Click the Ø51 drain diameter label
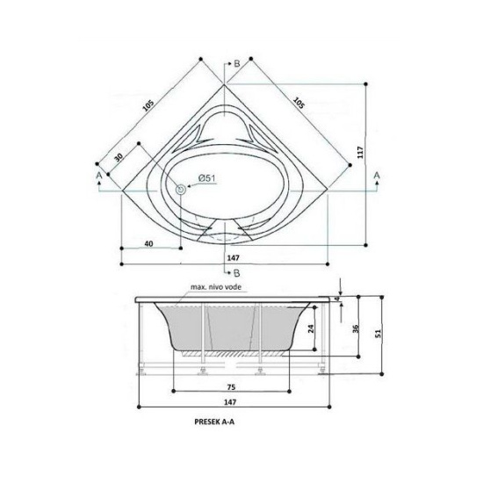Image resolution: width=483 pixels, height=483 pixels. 207,178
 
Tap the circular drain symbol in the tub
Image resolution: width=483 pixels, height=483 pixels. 181,190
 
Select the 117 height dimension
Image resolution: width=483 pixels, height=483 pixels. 360,153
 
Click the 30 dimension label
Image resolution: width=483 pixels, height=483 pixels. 119,157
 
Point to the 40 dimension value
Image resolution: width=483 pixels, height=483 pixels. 148,243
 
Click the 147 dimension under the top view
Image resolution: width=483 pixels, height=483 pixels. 234,258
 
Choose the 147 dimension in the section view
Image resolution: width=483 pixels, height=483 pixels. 230,402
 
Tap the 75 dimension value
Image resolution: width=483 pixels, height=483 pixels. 231,387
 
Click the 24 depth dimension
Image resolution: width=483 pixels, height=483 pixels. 312,328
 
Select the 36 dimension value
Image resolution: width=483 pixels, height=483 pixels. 356,328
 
